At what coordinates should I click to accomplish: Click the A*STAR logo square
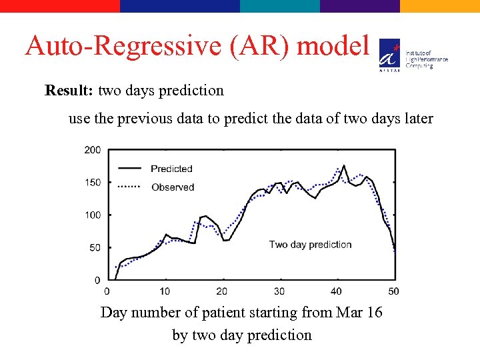point(389,53)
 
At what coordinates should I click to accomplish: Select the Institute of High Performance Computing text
point(427,59)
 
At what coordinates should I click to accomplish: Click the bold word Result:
point(69,90)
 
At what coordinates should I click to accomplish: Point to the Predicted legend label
point(171,169)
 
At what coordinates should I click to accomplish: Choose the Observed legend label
point(173,187)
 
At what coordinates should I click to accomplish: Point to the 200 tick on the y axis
point(93,150)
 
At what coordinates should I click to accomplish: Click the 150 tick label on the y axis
point(93,183)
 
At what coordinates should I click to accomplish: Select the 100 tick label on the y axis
point(93,215)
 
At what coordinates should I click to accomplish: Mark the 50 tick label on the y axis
point(95,247)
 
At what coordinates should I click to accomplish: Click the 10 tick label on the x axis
point(165,291)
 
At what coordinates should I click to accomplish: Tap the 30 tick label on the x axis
point(279,291)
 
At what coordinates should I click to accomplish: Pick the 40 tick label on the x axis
point(336,291)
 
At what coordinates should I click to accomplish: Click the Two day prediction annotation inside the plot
point(310,245)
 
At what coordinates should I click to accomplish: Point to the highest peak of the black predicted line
point(344,165)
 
